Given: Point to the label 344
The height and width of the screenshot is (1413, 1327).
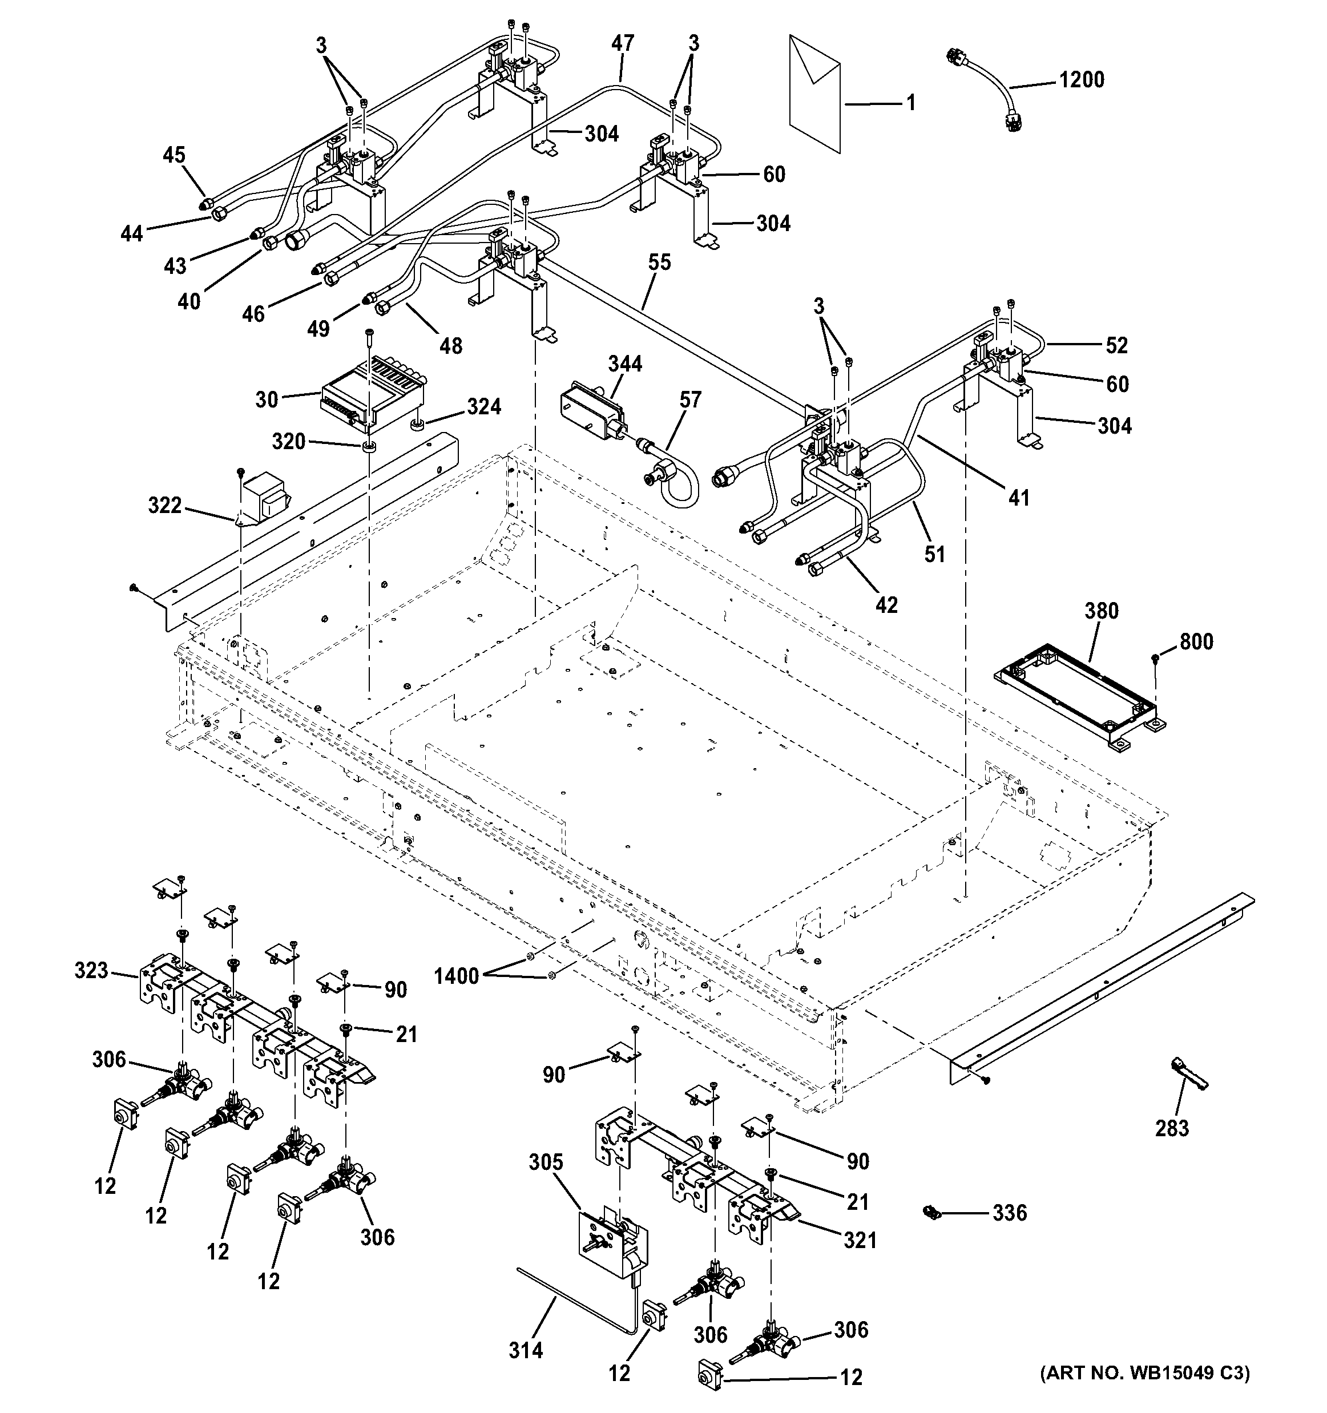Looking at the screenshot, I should [x=625, y=364].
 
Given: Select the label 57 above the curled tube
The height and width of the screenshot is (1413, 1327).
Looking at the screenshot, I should [x=689, y=399].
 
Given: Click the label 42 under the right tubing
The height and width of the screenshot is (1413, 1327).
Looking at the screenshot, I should [x=886, y=605].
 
